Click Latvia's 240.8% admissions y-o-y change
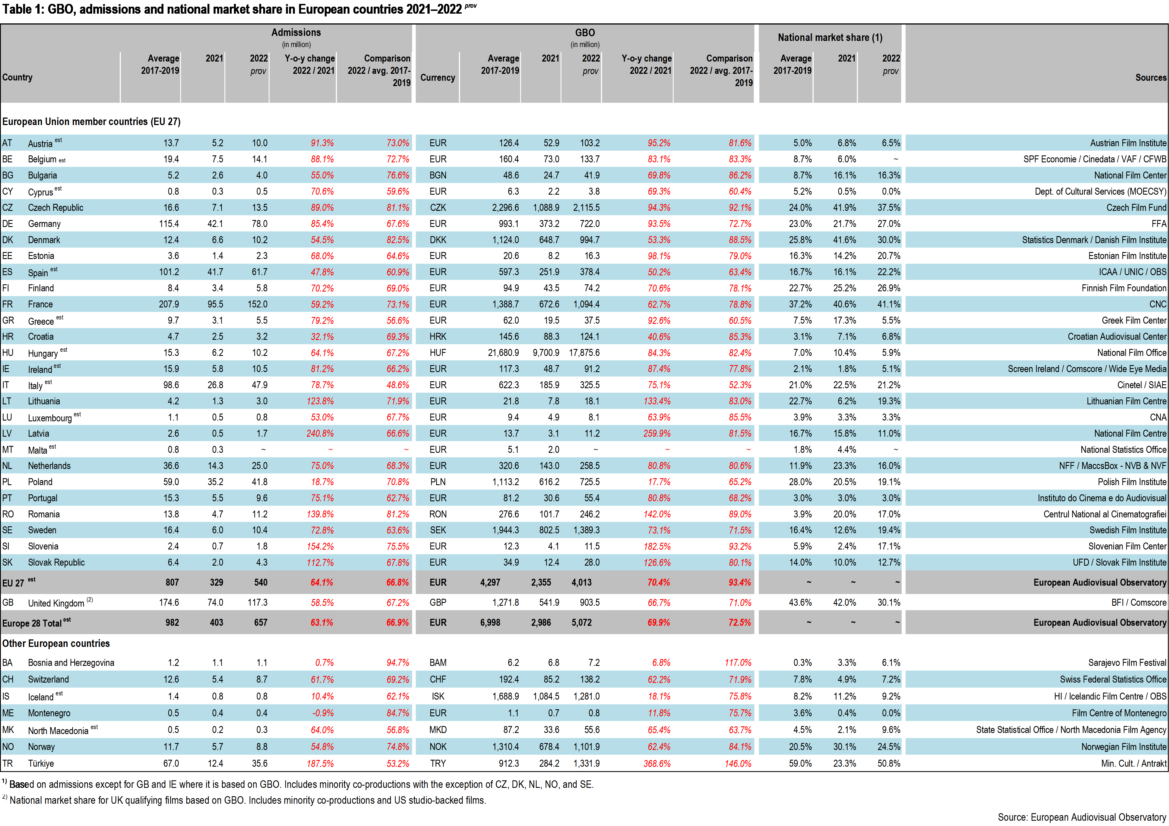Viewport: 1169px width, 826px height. pyautogui.click(x=320, y=433)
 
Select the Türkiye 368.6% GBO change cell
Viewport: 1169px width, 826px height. pyautogui.click(x=657, y=763)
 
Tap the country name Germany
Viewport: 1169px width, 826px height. pyautogui.click(x=44, y=224)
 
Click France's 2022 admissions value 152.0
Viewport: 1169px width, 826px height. pyautogui.click(x=257, y=304)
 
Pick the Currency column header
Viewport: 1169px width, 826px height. pyautogui.click(x=437, y=77)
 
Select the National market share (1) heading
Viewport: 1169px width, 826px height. pyautogui.click(x=830, y=37)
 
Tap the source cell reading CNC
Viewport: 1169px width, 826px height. pyautogui.click(x=1158, y=304)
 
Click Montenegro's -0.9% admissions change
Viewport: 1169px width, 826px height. pyautogui.click(x=323, y=713)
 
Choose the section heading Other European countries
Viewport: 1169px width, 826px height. pyautogui.click(x=56, y=643)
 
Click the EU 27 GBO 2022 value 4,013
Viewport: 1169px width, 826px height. pyautogui.click(x=581, y=582)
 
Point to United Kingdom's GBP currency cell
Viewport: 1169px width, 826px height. pyautogui.click(x=438, y=602)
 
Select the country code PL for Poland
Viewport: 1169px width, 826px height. pyautogui.click(x=7, y=482)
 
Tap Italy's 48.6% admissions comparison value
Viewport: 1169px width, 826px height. pyautogui.click(x=398, y=385)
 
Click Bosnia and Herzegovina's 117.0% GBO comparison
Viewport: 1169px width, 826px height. pyautogui.click(x=738, y=663)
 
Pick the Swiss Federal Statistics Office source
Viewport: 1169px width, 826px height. pyautogui.click(x=1113, y=679)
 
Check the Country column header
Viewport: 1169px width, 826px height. pyautogui.click(x=17, y=77)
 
